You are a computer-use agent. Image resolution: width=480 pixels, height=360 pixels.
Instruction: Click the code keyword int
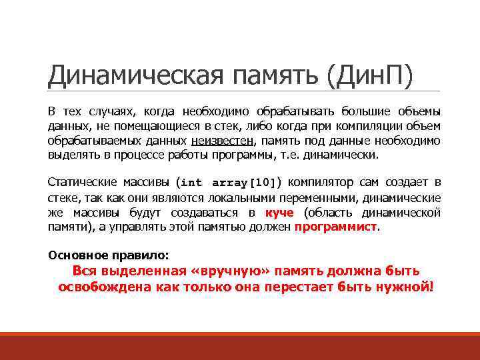pos(192,183)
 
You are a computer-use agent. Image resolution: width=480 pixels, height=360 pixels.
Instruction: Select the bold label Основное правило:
pos(109,255)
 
